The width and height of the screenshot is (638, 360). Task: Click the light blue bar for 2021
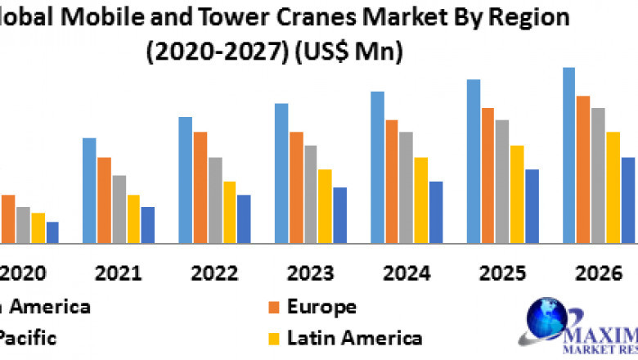pyautogui.click(x=89, y=191)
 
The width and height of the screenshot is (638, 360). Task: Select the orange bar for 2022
pyautogui.click(x=200, y=187)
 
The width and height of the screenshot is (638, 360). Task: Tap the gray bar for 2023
pyautogui.click(x=311, y=194)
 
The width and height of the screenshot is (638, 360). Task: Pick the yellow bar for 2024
pyautogui.click(x=421, y=200)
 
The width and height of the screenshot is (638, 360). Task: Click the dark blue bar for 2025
pyautogui.click(x=532, y=206)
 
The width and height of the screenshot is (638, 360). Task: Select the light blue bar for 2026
pyautogui.click(x=568, y=155)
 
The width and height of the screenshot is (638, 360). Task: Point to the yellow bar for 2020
pyautogui.click(x=38, y=227)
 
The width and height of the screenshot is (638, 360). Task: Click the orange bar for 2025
pyautogui.click(x=487, y=175)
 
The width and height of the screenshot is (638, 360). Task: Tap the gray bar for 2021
pyautogui.click(x=119, y=209)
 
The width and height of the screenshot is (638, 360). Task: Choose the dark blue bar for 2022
pyautogui.click(x=244, y=218)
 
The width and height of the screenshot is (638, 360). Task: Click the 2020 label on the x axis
pyautogui.click(x=23, y=272)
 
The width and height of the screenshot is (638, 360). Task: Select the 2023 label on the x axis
pyautogui.click(x=310, y=272)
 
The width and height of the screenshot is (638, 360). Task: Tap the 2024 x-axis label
pyautogui.click(x=406, y=272)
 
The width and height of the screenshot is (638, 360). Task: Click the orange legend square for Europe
pyautogui.click(x=275, y=308)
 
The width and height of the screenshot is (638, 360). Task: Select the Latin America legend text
pyautogui.click(x=354, y=337)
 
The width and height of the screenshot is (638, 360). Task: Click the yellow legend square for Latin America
pyautogui.click(x=275, y=337)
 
